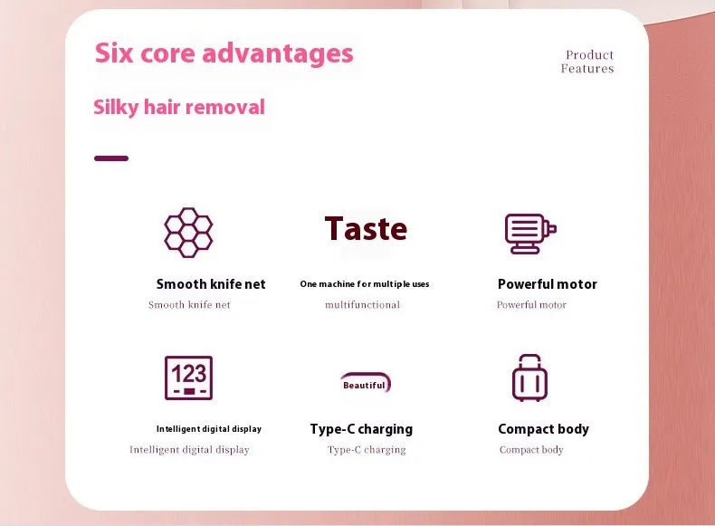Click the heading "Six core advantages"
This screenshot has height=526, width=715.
(224, 53)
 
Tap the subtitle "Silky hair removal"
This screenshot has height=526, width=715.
(179, 107)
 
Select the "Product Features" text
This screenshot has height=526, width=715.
(587, 62)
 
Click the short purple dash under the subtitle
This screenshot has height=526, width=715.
(111, 158)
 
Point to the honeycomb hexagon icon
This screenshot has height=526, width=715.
(188, 232)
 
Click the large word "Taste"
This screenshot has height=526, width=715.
(366, 228)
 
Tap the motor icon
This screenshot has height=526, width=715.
(529, 233)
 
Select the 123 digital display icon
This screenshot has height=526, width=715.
(188, 378)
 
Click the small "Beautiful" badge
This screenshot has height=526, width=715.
(365, 384)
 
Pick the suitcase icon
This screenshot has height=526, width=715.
(530, 378)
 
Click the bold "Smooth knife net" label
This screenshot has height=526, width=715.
(211, 284)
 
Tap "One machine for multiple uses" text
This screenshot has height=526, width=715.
(365, 284)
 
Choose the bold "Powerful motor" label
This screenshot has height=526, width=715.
(548, 284)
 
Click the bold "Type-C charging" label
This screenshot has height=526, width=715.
(361, 429)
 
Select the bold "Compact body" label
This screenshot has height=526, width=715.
(543, 429)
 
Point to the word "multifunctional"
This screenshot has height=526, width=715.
(362, 305)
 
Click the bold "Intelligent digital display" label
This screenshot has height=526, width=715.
(209, 429)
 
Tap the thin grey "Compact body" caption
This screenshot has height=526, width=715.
(531, 450)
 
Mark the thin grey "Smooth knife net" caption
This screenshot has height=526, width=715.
(189, 305)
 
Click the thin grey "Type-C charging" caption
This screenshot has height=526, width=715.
(367, 450)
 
